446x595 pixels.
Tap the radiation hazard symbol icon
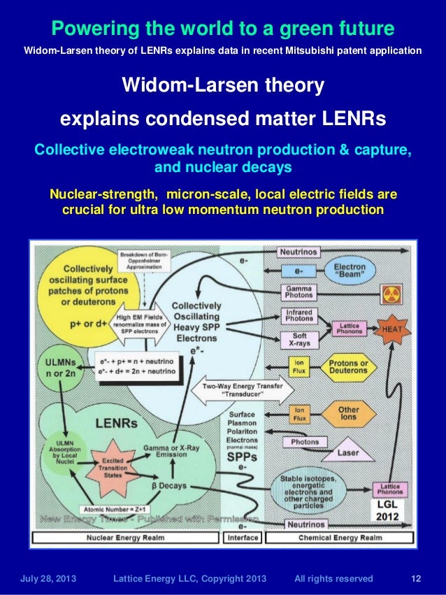(x=392, y=294)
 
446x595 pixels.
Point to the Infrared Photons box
(x=299, y=315)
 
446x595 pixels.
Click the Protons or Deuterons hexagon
(x=348, y=367)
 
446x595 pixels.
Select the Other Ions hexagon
(x=348, y=414)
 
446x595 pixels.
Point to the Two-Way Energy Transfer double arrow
(x=238, y=389)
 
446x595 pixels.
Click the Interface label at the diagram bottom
(x=243, y=538)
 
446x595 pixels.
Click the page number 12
(x=416, y=578)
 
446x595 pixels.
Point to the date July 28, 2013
(x=49, y=578)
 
